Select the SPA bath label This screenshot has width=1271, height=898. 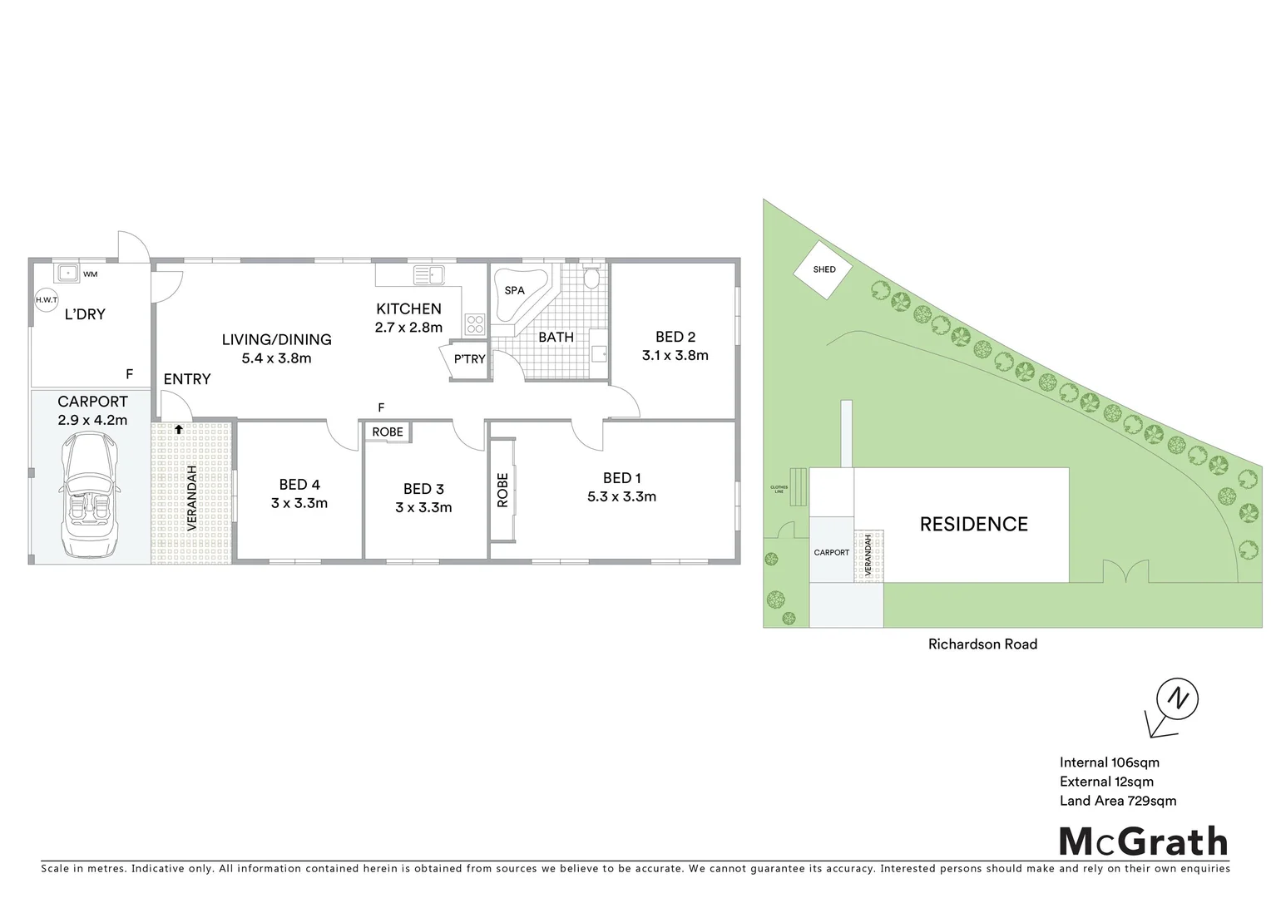pyautogui.click(x=515, y=290)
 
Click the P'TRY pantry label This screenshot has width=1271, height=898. pyautogui.click(x=469, y=359)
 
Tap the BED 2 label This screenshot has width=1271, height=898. pyautogui.click(x=675, y=337)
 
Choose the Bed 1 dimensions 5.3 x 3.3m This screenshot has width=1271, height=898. pyautogui.click(x=621, y=497)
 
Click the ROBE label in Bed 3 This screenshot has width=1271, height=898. pyautogui.click(x=388, y=432)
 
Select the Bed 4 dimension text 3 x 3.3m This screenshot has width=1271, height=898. pyautogui.click(x=299, y=503)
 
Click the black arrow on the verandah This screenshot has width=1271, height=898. pyautogui.click(x=178, y=429)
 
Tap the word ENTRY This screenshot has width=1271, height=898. pyautogui.click(x=187, y=379)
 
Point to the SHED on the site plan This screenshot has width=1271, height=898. pyautogui.click(x=824, y=269)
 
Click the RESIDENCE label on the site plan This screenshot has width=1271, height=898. pyautogui.click(x=973, y=524)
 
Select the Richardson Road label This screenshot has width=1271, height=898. pyautogui.click(x=982, y=644)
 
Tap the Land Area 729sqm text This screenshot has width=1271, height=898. pyautogui.click(x=1117, y=801)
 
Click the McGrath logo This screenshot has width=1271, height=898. pyautogui.click(x=1143, y=841)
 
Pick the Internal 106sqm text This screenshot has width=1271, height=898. pyautogui.click(x=1109, y=762)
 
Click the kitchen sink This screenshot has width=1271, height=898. pyautogui.click(x=431, y=273)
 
